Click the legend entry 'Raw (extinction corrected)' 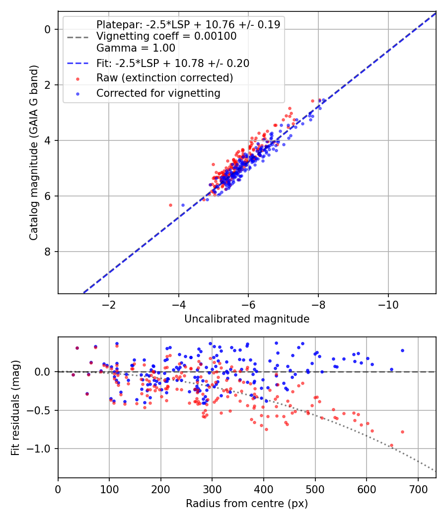(x=164, y=78)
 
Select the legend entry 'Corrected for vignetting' (x=158, y=93)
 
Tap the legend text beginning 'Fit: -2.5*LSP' (x=173, y=63)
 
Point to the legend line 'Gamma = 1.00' (x=136, y=48)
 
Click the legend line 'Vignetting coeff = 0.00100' (x=166, y=36)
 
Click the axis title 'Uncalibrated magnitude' (x=247, y=319)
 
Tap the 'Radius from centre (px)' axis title (x=247, y=504)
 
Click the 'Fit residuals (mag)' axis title (x=16, y=407)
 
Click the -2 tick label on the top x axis (x=109, y=304)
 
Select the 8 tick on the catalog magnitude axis (x=48, y=252)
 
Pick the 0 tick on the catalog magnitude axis (x=48, y=29)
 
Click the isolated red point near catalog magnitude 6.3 (x=170, y=205)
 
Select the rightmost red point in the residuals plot (x=402, y=432)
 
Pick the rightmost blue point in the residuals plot (x=402, y=350)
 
